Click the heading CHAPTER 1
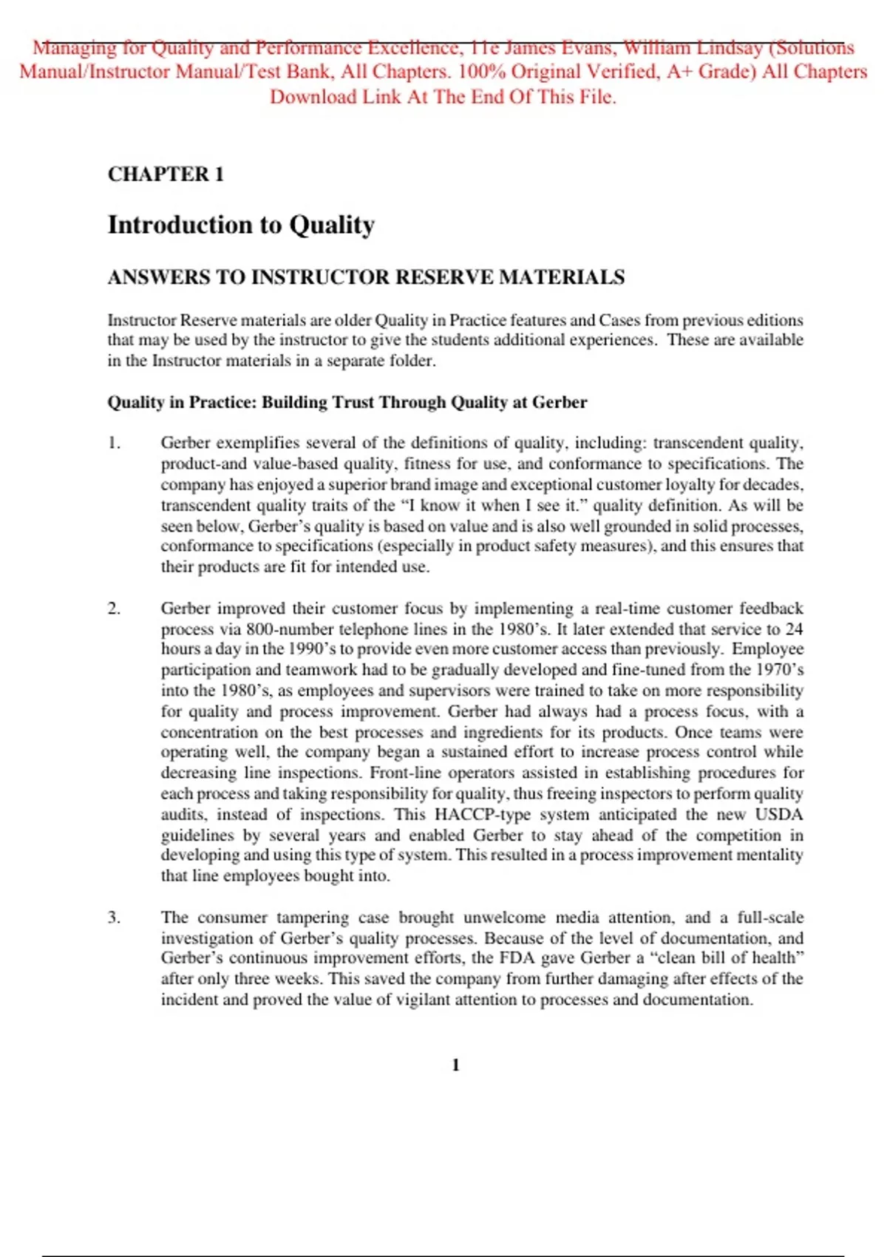[166, 175]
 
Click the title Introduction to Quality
[241, 225]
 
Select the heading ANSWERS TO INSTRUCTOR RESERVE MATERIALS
[366, 277]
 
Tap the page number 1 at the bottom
[455, 1065]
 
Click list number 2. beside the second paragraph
[114, 609]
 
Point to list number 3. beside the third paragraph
[114, 918]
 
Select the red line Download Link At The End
[443, 97]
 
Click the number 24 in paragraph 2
[794, 629]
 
